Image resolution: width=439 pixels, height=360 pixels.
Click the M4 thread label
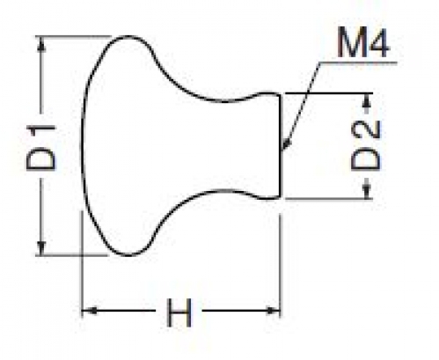point(362,42)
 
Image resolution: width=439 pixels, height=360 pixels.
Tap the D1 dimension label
point(40,148)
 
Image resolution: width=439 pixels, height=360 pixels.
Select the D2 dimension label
point(366,146)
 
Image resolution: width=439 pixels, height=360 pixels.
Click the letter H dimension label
point(179,312)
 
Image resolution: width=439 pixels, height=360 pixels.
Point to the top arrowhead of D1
point(41,45)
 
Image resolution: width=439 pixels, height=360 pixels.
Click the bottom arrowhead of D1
point(41,246)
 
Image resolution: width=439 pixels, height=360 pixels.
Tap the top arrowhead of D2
point(368,101)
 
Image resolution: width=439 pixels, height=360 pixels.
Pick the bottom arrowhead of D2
point(367,191)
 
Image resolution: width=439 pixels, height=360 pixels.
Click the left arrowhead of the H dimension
point(90,310)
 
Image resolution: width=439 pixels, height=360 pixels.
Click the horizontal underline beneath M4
point(358,62)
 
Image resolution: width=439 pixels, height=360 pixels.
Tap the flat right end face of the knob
point(280,146)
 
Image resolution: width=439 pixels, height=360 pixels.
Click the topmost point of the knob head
point(128,36)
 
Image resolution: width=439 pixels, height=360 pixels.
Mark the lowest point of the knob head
point(128,255)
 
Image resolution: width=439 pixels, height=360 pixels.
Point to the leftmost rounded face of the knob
point(83,146)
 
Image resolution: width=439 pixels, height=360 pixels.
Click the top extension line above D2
point(328,93)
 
